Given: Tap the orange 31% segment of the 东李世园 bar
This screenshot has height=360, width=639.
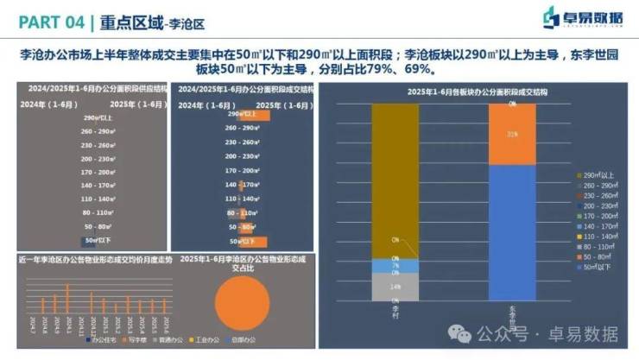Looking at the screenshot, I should coord(512,135).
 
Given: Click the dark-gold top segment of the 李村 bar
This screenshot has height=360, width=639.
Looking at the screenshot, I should coord(395,180).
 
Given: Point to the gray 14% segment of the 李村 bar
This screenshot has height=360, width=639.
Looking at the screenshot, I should coord(395,286).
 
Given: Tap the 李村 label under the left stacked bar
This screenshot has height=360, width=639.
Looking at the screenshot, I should coord(395,308).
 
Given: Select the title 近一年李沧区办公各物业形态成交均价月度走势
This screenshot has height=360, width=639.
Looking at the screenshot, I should coord(94,259).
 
